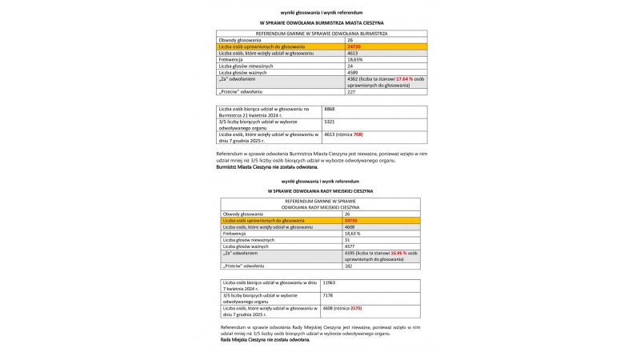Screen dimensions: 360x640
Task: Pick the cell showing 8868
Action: (x=330, y=108)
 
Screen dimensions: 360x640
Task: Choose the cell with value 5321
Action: (x=330, y=121)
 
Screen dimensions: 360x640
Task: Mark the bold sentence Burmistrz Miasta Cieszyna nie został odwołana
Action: (x=267, y=167)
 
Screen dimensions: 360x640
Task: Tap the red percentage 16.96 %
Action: (x=402, y=253)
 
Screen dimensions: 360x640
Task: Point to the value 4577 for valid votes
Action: (x=349, y=246)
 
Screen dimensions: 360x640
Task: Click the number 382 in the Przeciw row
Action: (x=347, y=266)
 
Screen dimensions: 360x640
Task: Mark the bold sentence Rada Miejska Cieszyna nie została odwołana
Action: (x=264, y=340)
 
